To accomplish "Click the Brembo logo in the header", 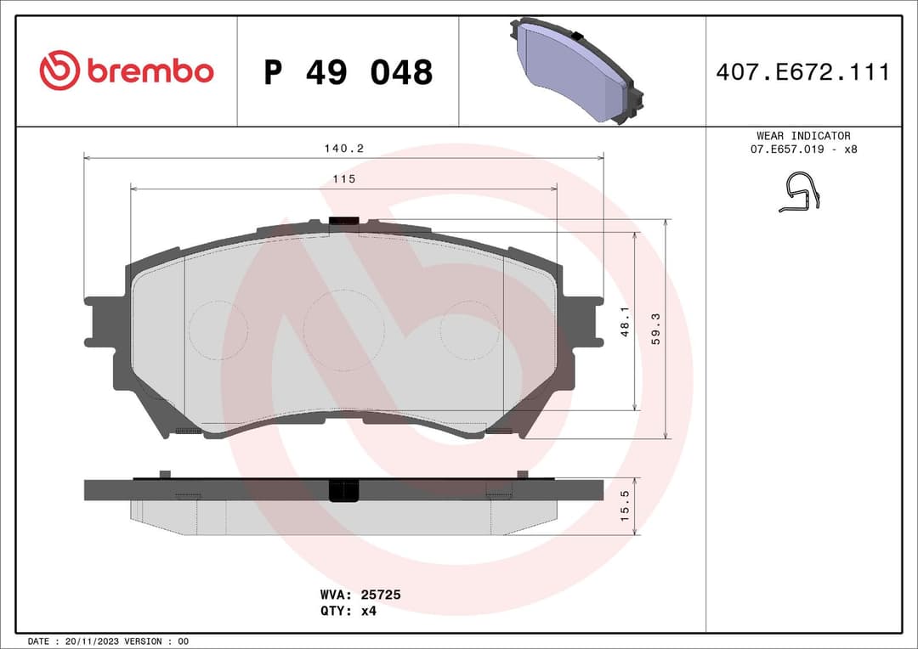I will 126,71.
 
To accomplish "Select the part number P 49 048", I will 348,72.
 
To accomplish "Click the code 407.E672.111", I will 802,72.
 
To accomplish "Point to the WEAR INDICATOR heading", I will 802,136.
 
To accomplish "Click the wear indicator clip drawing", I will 800,193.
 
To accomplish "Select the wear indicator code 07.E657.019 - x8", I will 802,150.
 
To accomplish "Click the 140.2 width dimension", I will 343,148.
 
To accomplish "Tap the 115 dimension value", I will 343,178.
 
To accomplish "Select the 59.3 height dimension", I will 655,327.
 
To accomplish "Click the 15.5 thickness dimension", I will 626,505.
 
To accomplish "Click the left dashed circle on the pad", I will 218,330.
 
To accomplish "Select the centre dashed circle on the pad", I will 343,330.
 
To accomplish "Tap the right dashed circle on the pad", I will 469,330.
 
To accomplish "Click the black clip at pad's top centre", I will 343,222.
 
